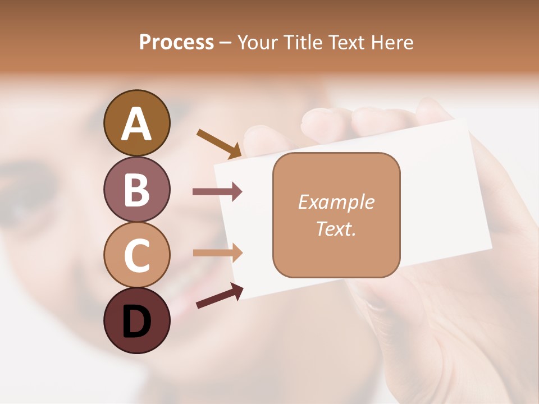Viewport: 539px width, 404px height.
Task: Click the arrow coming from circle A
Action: (x=219, y=143)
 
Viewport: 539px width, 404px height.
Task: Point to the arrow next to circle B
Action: (x=217, y=192)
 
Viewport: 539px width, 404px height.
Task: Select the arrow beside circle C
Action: (x=217, y=252)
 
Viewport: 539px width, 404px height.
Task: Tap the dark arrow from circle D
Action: (x=219, y=296)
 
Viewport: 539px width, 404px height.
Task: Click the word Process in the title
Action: (x=176, y=43)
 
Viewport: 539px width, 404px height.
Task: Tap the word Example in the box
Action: (x=336, y=203)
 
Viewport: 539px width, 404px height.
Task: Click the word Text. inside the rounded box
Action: (x=336, y=228)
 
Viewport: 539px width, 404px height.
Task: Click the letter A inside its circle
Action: (x=136, y=123)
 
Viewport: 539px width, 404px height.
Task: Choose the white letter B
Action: (x=136, y=190)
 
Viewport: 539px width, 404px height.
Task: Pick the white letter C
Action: (x=136, y=256)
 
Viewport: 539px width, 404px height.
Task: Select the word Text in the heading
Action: (x=348, y=43)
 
